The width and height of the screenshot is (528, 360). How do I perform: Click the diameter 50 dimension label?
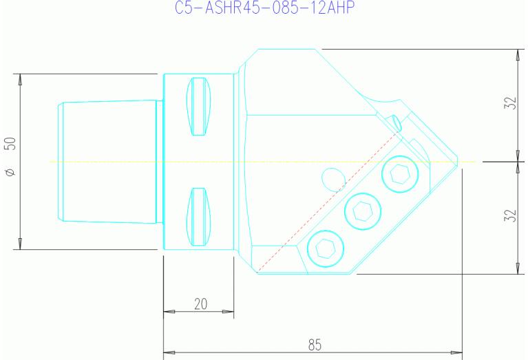(10, 145)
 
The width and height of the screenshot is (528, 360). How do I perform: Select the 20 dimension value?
(200, 304)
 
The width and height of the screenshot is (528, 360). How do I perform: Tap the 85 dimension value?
(315, 344)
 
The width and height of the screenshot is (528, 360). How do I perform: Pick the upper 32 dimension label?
(510, 104)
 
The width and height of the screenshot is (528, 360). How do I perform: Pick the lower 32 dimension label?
(510, 216)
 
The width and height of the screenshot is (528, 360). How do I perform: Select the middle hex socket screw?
(362, 210)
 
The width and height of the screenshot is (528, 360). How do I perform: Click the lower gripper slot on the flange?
(198, 218)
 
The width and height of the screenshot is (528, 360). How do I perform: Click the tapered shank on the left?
(107, 162)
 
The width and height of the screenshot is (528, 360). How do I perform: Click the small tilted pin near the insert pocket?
(395, 122)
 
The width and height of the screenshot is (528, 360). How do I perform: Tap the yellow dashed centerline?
(103, 162)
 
